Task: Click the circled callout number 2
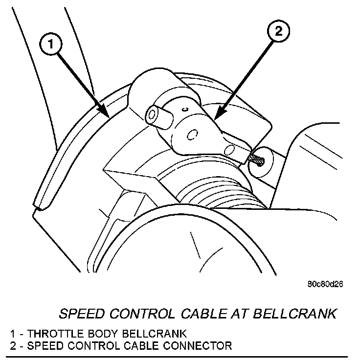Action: click(x=277, y=33)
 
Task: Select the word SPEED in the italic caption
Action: click(x=79, y=314)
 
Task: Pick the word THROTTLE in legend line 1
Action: click(x=53, y=334)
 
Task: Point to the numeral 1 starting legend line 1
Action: click(x=12, y=334)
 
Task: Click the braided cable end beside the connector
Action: click(x=257, y=158)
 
